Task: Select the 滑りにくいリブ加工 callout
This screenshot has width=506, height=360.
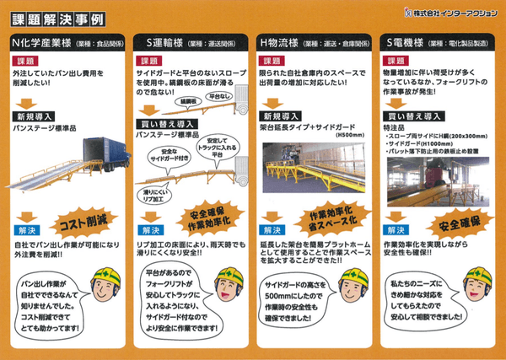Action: pos(157,196)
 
